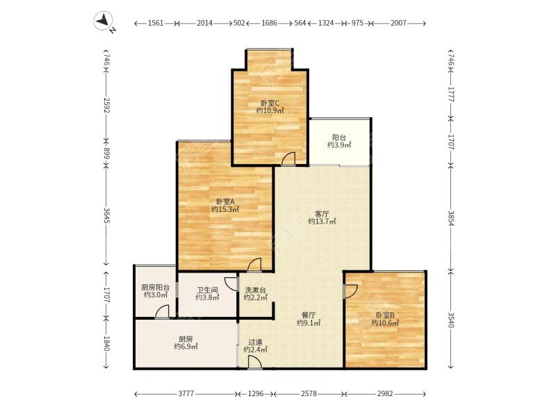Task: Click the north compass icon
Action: [104, 21]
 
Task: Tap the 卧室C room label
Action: [270, 103]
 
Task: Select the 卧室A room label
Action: [225, 202]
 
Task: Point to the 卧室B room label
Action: [385, 315]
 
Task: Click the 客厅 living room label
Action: [322, 214]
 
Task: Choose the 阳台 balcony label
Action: [339, 137]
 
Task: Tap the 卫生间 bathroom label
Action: [207, 290]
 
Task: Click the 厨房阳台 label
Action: [155, 288]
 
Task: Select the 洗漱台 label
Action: [255, 290]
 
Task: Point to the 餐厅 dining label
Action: [309, 315]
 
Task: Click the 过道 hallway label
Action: [255, 342]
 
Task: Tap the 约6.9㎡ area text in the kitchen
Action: [186, 346]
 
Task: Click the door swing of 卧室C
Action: [288, 158]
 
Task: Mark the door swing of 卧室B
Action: [351, 291]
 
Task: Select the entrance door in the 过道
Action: [255, 362]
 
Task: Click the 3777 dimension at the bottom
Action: [186, 393]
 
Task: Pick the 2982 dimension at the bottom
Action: [385, 393]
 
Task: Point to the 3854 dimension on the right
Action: [450, 218]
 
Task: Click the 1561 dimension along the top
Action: [156, 23]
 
